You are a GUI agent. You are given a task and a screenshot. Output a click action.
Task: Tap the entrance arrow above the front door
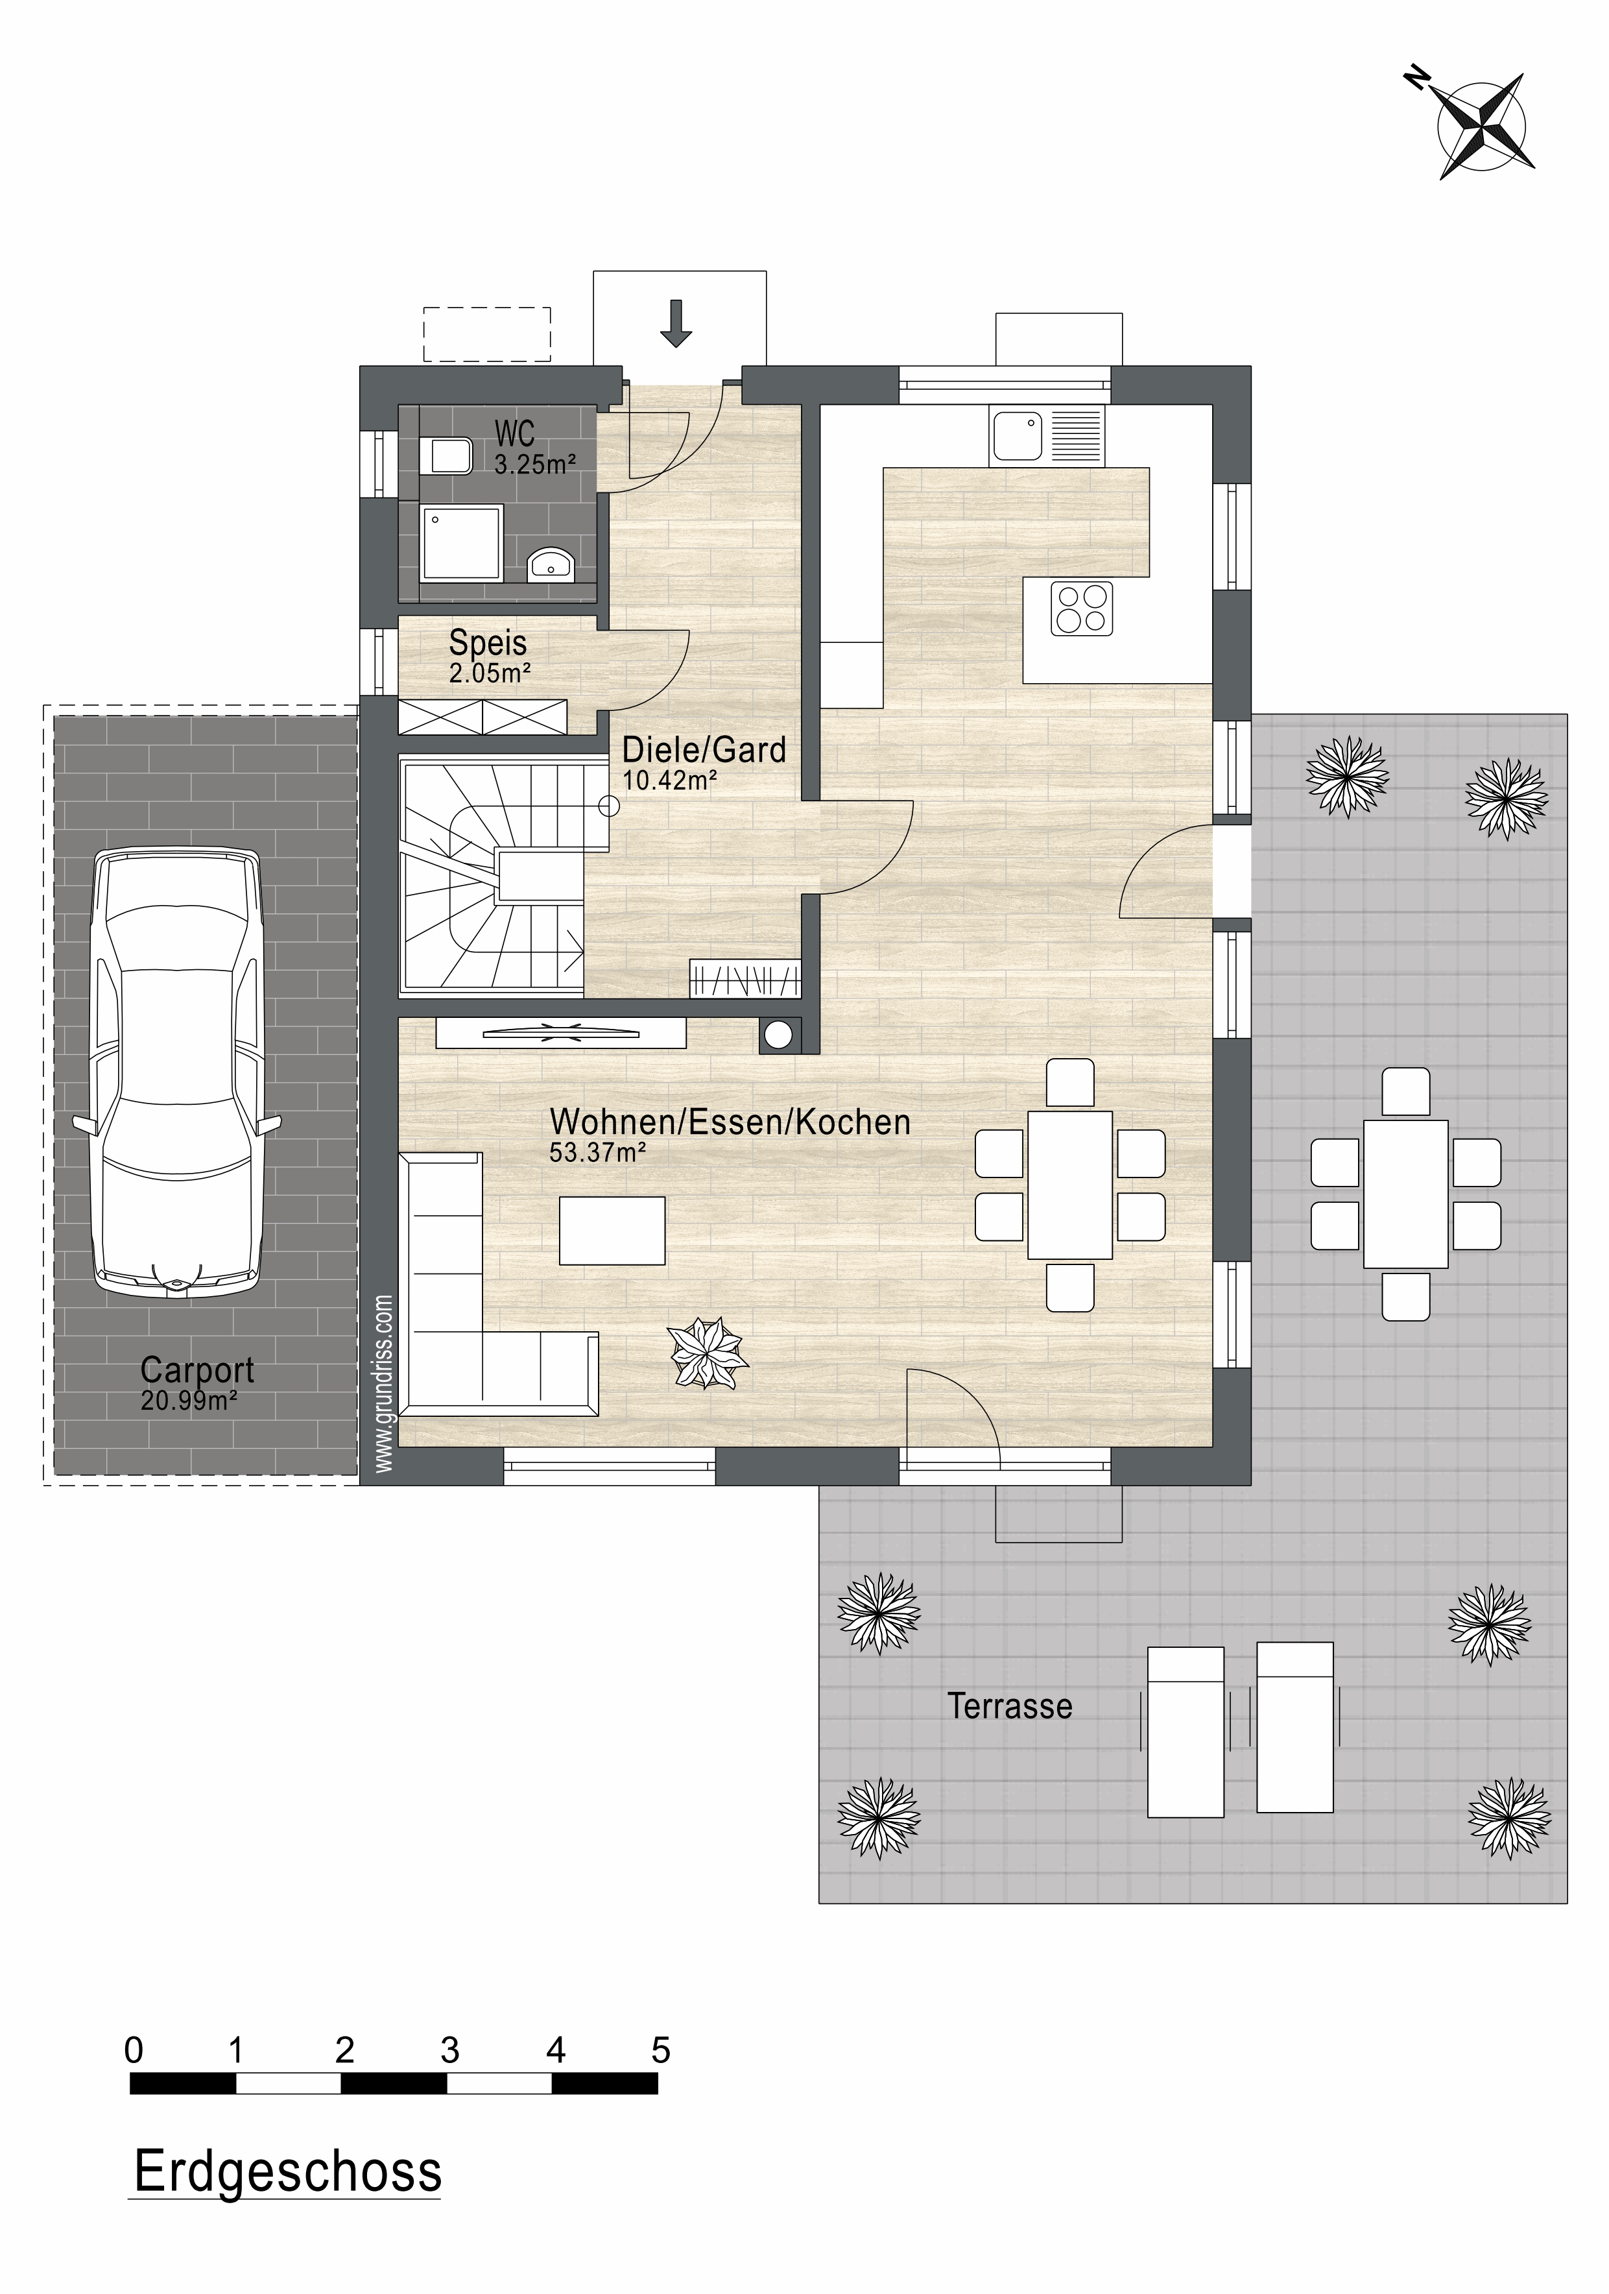676,322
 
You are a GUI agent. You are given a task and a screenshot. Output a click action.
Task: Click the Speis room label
488,642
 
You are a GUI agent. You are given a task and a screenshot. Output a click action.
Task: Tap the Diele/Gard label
704,749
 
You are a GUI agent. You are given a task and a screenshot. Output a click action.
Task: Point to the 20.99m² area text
189,1401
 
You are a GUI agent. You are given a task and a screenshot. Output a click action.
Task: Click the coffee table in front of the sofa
612,1231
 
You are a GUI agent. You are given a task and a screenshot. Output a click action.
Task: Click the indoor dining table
1069,1185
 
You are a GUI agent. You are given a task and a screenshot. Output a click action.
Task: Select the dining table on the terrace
1405,1194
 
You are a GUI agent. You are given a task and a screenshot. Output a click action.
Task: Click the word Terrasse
1010,1706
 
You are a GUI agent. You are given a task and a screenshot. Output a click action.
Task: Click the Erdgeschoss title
288,2171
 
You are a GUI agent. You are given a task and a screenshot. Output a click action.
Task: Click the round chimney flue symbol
780,1036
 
